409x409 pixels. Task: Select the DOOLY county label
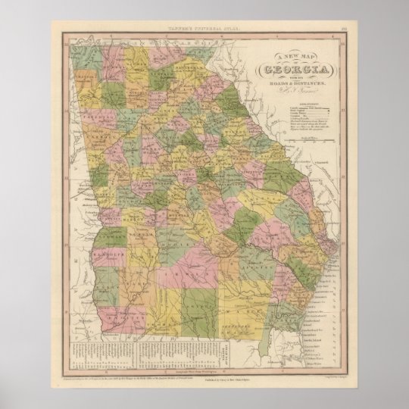point(173,245)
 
